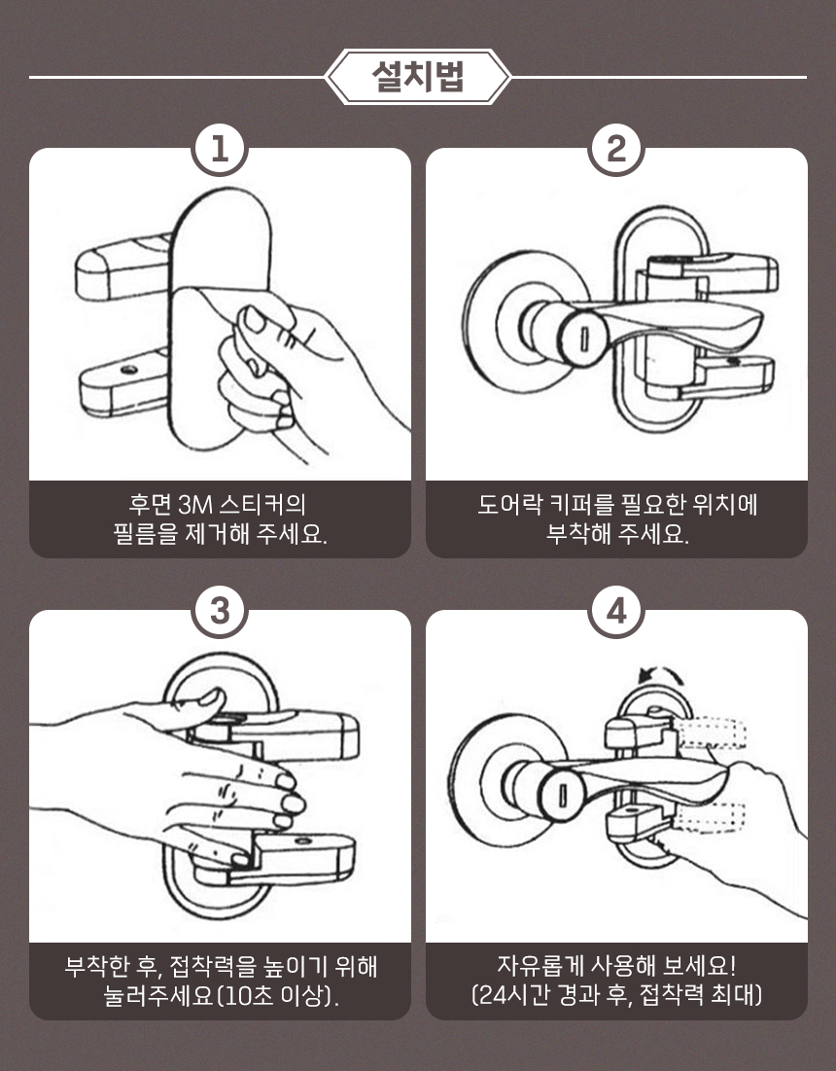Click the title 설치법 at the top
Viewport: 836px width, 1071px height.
tap(418, 77)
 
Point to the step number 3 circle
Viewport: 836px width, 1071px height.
tap(221, 611)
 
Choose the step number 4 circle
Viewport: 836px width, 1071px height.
tap(616, 611)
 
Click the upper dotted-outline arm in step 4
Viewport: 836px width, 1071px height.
tap(713, 734)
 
